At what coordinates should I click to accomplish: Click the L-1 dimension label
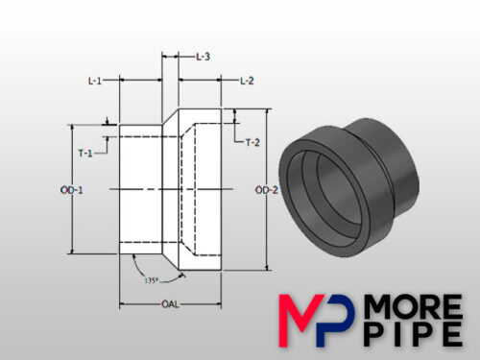[x=95, y=82]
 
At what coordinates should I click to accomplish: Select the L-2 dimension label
[x=247, y=82]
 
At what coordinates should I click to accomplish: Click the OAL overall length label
[x=170, y=304]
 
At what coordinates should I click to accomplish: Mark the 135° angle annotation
[x=150, y=282]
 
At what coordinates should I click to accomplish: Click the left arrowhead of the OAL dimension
[x=122, y=304]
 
